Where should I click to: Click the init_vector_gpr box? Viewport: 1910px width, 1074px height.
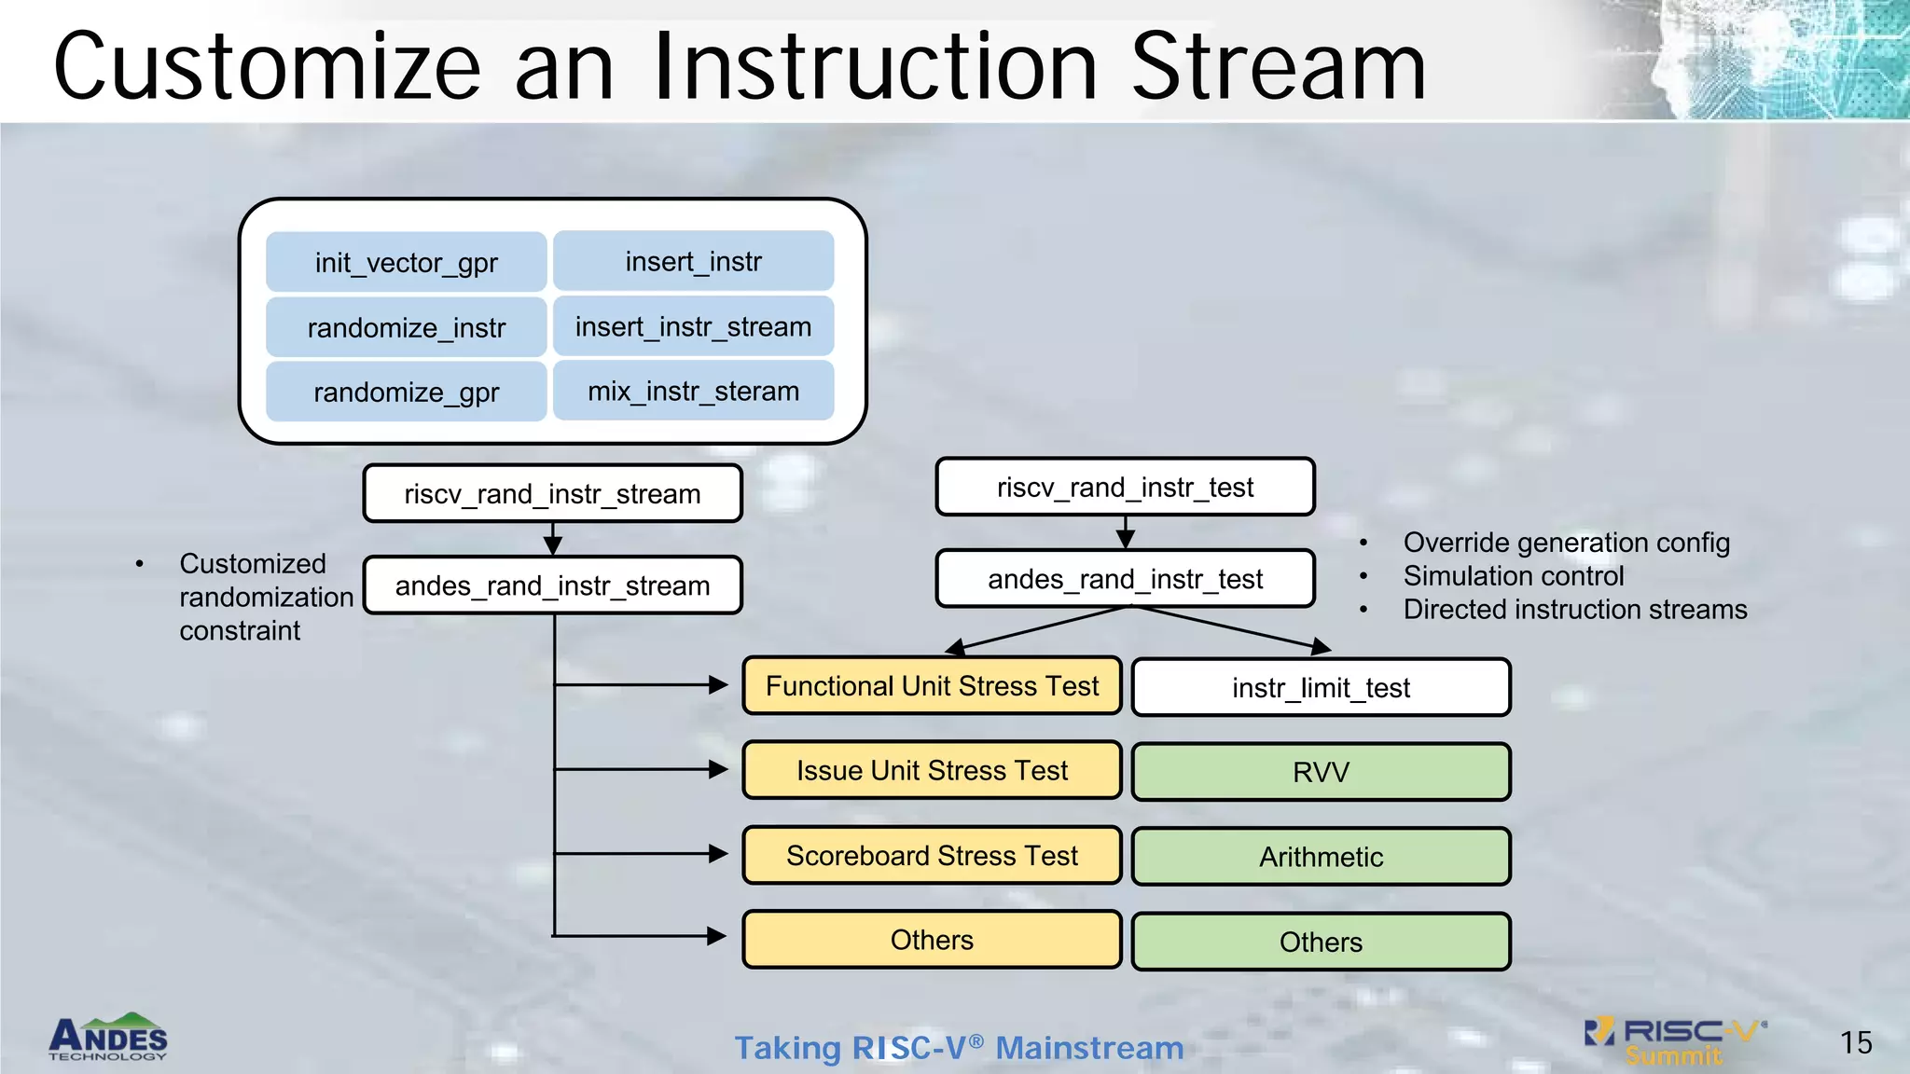[x=406, y=262]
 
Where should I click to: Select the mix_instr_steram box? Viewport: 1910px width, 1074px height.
[x=693, y=392]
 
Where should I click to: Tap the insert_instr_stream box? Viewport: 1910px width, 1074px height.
[x=693, y=327]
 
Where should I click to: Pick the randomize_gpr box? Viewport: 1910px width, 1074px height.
[x=406, y=392]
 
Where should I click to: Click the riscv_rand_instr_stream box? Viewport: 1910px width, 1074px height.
[x=552, y=494]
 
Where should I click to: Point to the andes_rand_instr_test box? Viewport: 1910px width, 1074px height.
[x=1125, y=579]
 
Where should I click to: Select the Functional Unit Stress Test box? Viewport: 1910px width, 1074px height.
[x=932, y=686]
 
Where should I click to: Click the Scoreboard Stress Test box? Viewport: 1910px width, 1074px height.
[x=932, y=856]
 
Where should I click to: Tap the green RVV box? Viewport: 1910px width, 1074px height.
[x=1321, y=772]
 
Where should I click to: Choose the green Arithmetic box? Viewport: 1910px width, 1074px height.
[x=1321, y=857]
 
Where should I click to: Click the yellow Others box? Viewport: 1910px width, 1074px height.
[x=932, y=940]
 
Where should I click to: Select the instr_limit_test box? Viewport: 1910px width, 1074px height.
[x=1321, y=688]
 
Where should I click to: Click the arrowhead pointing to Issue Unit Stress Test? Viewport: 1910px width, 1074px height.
[x=718, y=770]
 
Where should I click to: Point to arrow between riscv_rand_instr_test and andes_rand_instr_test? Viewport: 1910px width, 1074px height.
[x=1125, y=532]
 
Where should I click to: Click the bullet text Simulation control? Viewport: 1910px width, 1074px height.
[x=1513, y=576]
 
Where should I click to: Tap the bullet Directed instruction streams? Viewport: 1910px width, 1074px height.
[x=1574, y=610]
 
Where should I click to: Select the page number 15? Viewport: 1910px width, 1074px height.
[x=1855, y=1042]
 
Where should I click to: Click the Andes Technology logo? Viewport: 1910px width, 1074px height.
[x=108, y=1038]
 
